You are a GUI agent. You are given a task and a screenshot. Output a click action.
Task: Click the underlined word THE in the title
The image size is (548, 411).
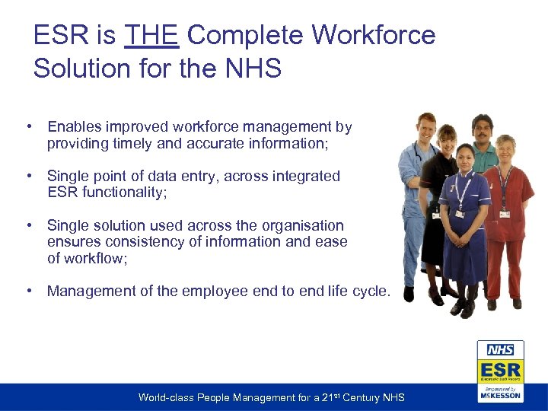pyautogui.click(x=151, y=35)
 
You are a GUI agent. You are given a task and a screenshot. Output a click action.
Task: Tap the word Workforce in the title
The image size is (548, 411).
pyautogui.click(x=374, y=35)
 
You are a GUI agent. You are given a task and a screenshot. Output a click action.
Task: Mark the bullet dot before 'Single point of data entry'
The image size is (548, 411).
pyautogui.click(x=27, y=176)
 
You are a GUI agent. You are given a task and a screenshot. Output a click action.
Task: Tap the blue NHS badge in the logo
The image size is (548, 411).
pyautogui.click(x=500, y=350)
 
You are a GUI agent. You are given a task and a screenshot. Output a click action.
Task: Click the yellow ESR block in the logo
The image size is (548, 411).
pyautogui.click(x=500, y=370)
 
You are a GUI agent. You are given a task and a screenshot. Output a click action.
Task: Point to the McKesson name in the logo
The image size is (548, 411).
pyautogui.click(x=500, y=395)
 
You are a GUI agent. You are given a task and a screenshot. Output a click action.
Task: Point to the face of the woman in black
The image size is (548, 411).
pyautogui.click(x=447, y=140)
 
